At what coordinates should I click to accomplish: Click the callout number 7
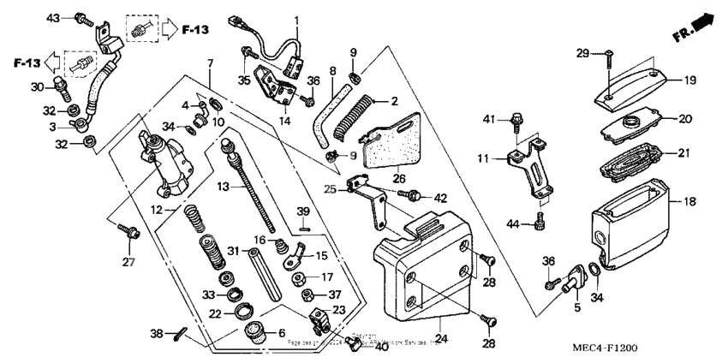[209, 63]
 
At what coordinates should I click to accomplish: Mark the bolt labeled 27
[130, 231]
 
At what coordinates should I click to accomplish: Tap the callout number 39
[302, 211]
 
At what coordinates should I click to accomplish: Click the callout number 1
[297, 20]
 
